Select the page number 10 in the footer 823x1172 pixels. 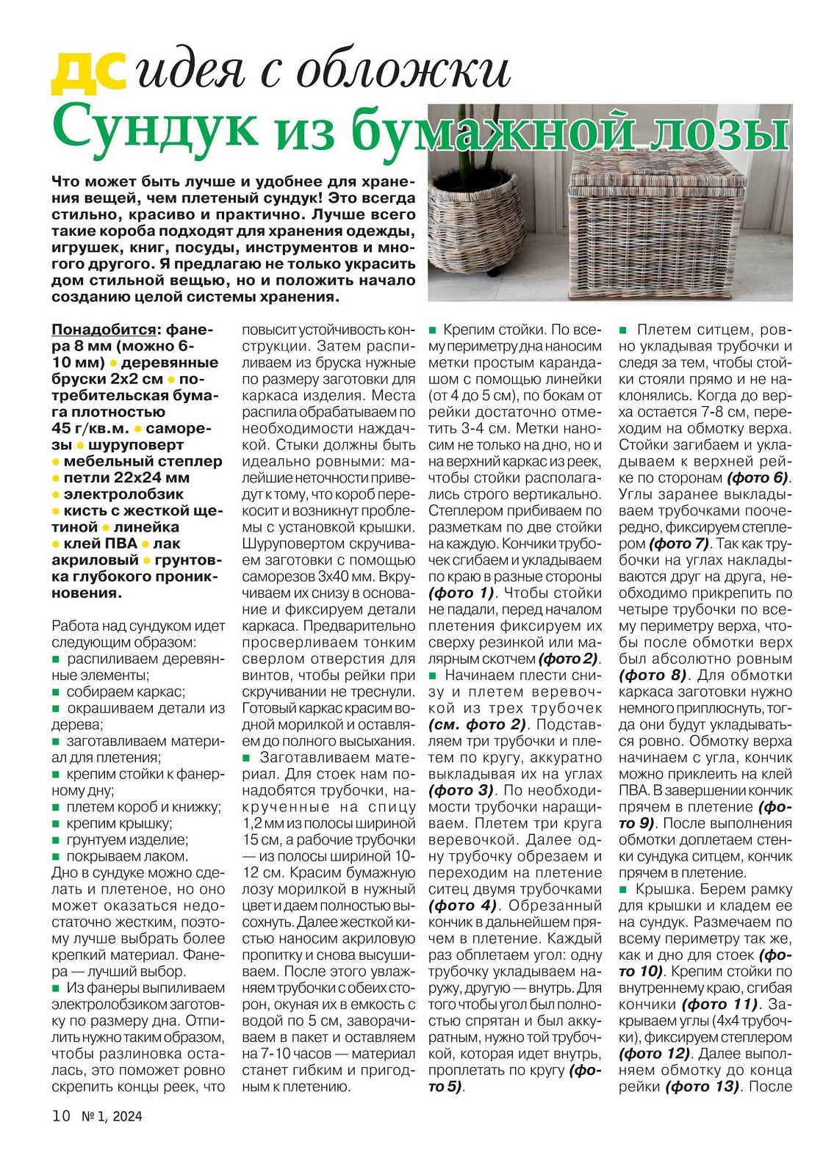point(61,1116)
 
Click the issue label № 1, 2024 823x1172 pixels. point(112,1117)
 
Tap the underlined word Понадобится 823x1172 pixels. point(104,330)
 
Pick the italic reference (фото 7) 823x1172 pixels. point(678,544)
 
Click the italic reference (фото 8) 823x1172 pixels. point(653,676)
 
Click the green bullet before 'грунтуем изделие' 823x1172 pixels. point(56,841)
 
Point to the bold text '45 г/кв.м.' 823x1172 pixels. point(90,429)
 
